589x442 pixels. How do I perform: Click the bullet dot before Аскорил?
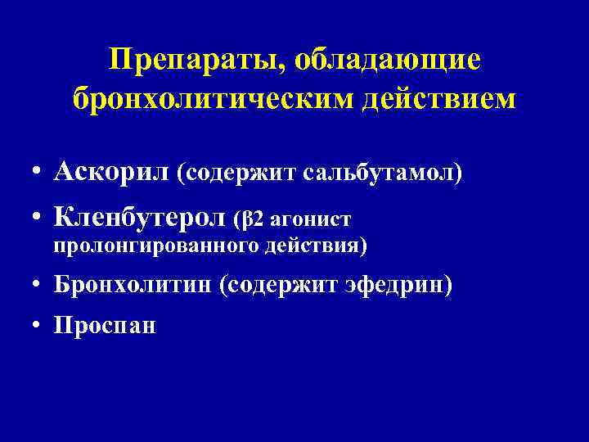tap(37, 174)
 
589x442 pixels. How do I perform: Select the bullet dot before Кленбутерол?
tap(37, 219)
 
